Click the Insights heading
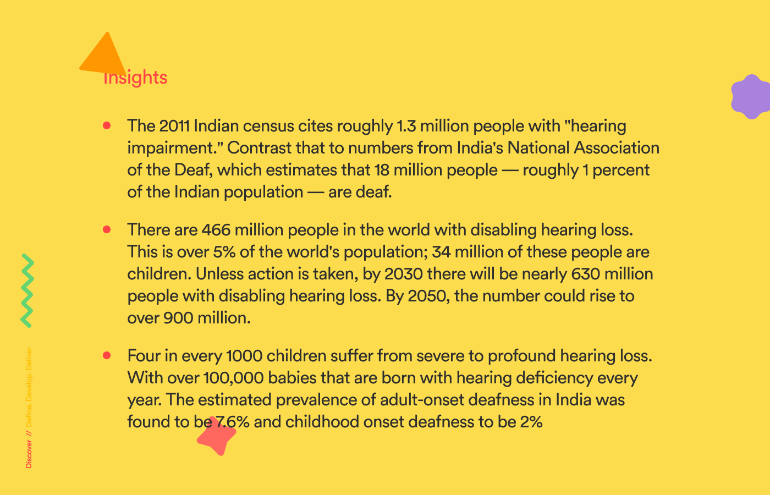[x=135, y=78]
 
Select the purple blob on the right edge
[x=751, y=97]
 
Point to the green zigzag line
[x=27, y=290]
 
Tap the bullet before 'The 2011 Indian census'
[x=107, y=126]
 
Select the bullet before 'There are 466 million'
[x=107, y=229]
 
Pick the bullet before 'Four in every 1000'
[x=107, y=355]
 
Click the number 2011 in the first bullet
[x=174, y=126]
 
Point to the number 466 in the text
[x=216, y=229]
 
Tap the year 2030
[x=404, y=274]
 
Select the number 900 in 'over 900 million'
[x=179, y=318]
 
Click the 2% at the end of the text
[x=531, y=422]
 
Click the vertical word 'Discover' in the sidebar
[x=29, y=454]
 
